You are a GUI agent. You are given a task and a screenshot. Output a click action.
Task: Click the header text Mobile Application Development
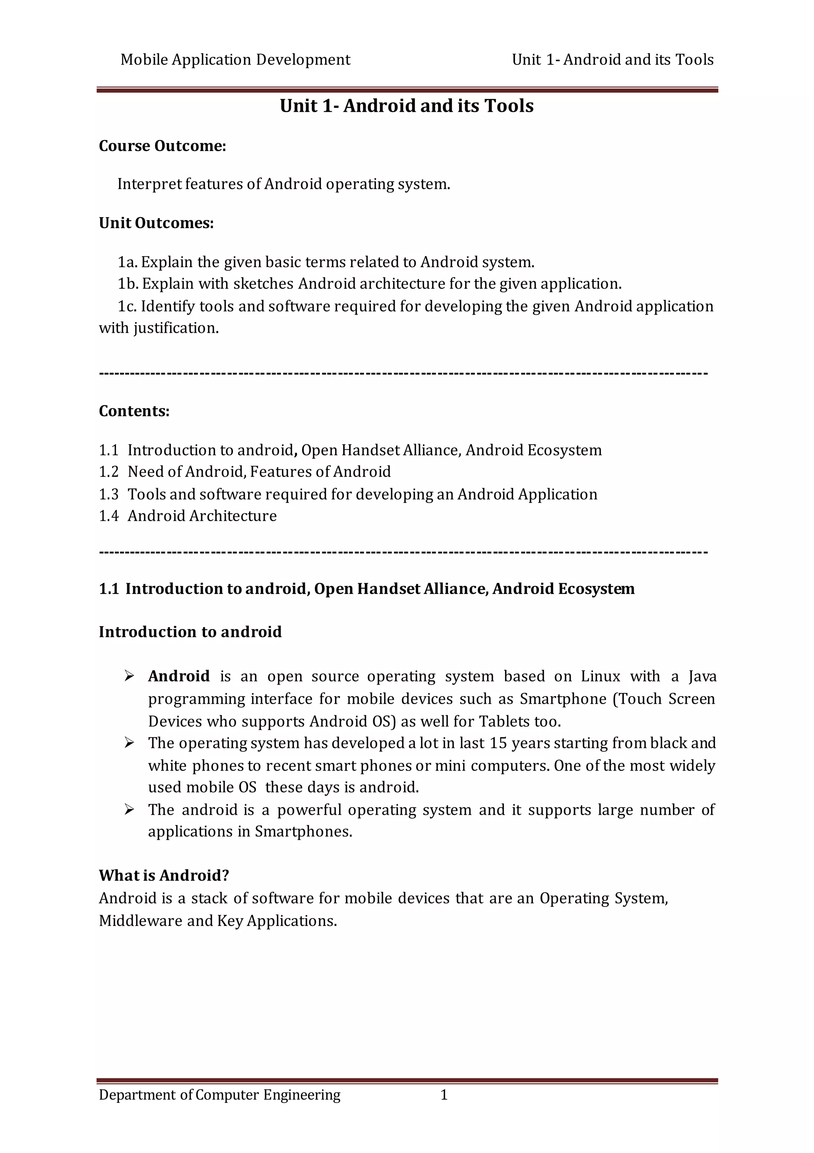235,60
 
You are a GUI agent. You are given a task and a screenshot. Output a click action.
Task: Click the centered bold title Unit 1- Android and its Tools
406,106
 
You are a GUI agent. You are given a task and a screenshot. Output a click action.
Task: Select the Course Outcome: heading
162,146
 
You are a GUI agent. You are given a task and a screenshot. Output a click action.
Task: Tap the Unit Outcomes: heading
156,223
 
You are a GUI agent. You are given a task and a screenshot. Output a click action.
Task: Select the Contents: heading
134,411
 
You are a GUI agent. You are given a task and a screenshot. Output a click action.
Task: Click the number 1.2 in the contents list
109,472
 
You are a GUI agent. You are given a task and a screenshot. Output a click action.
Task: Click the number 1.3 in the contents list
109,495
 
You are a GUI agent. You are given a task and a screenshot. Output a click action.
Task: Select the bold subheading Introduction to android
190,632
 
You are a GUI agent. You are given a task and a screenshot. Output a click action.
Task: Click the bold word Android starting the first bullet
179,676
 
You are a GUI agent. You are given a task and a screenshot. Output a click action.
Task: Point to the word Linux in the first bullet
601,676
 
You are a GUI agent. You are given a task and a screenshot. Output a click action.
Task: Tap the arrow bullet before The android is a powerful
129,809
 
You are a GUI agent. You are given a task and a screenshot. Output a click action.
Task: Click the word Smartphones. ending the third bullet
303,832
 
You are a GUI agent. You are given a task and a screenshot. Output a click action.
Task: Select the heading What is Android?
164,876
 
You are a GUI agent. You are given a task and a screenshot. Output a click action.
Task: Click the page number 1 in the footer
444,1095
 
